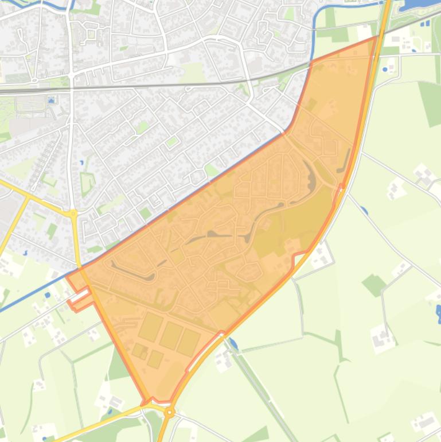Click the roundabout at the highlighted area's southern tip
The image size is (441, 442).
(x=169, y=412)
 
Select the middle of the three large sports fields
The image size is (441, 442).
(x=171, y=335)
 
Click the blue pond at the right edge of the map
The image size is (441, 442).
(x=438, y=313)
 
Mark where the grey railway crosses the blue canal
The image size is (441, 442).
(x=311, y=64)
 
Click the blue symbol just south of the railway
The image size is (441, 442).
(x=52, y=101)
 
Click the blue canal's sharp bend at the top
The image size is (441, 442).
(x=317, y=14)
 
